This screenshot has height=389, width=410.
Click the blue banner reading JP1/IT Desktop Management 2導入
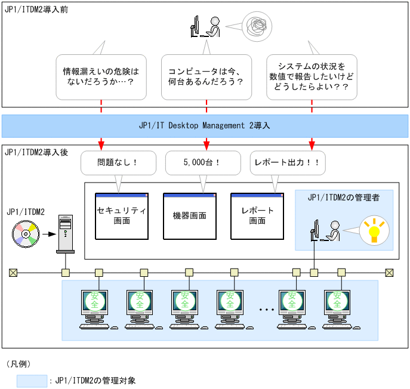(x=205, y=126)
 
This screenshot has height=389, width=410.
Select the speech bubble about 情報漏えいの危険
(x=101, y=78)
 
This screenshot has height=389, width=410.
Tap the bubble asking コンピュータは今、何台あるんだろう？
(x=206, y=78)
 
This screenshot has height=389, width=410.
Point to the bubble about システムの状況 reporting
(x=312, y=78)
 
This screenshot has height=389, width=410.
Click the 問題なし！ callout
(x=118, y=162)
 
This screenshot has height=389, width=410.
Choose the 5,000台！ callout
(x=202, y=162)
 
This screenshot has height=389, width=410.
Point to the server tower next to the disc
(x=65, y=234)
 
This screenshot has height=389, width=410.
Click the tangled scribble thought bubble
(x=258, y=27)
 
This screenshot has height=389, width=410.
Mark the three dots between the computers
(x=266, y=310)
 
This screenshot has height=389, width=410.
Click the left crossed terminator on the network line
(x=13, y=273)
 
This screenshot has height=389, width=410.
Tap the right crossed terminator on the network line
(x=389, y=273)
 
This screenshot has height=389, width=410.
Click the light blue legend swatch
(x=32, y=381)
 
